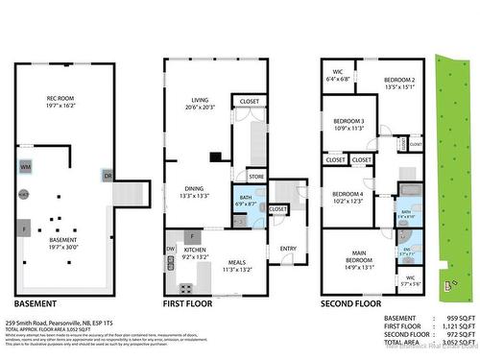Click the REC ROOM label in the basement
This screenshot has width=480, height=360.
point(60,100)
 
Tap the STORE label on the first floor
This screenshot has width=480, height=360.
point(255,177)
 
